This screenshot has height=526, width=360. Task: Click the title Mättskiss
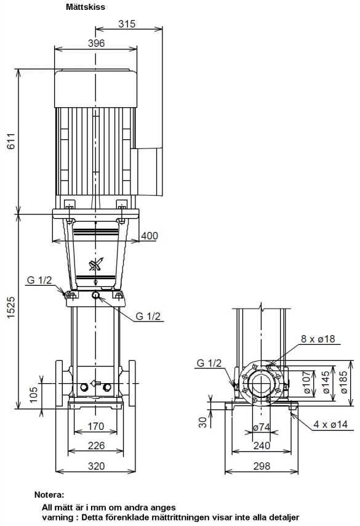click(x=85, y=7)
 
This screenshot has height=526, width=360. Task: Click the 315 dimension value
click(x=127, y=24)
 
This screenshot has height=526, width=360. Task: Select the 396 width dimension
click(x=96, y=43)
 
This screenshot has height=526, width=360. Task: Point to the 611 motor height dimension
click(x=11, y=141)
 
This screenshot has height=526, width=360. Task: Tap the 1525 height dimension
click(x=11, y=307)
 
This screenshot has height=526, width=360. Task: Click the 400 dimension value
click(x=149, y=235)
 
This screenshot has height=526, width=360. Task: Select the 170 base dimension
click(x=96, y=426)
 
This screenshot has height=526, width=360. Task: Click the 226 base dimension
click(x=96, y=445)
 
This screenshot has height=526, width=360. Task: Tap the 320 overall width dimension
click(x=96, y=466)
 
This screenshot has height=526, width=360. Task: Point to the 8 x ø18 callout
click(x=318, y=339)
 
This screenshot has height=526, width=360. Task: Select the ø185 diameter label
click(x=343, y=382)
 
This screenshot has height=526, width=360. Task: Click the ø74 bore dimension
click(x=262, y=427)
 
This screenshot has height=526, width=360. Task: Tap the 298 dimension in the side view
click(x=262, y=466)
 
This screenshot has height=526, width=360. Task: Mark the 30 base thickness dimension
click(x=202, y=422)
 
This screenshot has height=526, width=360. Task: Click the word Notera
click(x=49, y=495)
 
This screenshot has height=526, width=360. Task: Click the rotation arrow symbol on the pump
click(x=96, y=265)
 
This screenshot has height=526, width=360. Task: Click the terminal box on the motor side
click(x=147, y=172)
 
